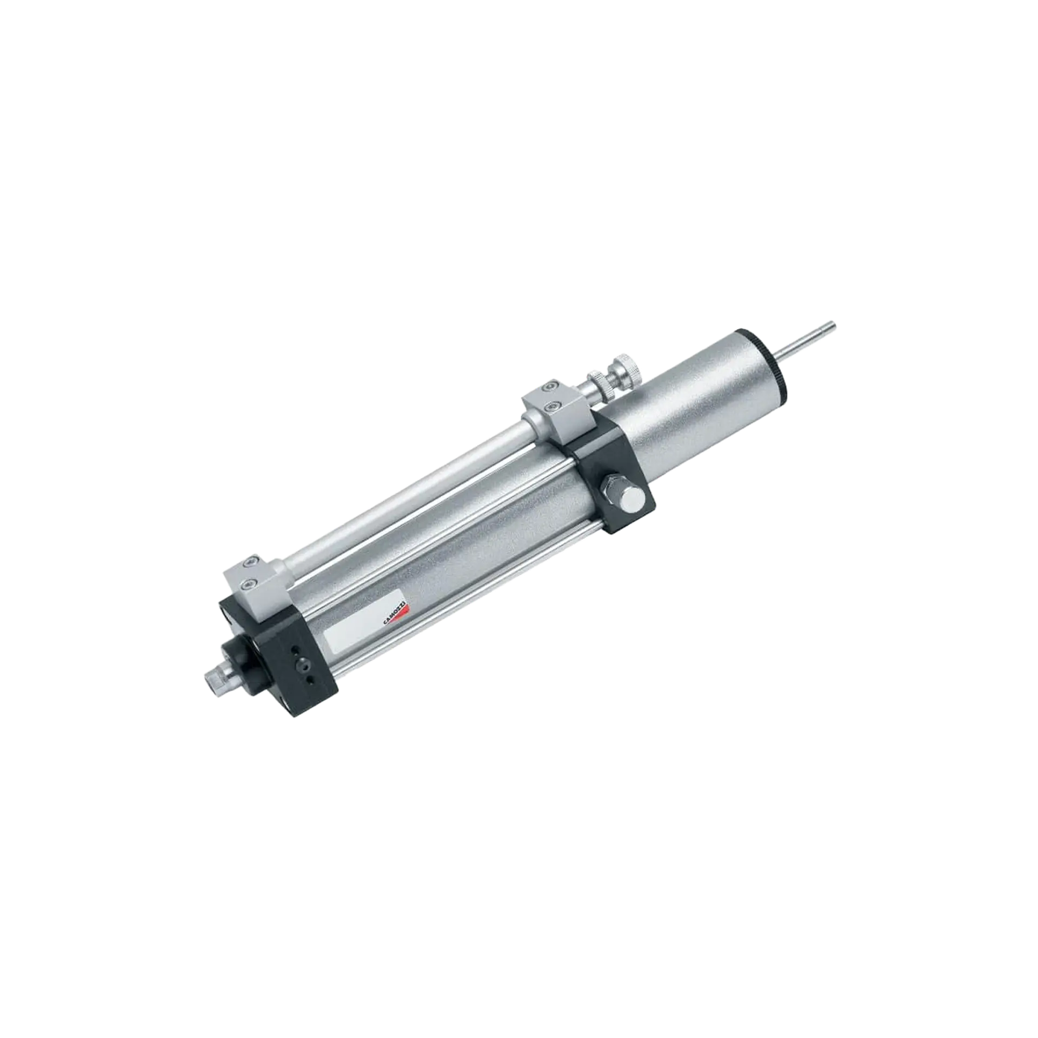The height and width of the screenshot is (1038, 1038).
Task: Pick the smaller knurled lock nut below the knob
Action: coord(600,383)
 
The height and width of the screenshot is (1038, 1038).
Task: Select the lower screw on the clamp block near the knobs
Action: coord(552,405)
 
